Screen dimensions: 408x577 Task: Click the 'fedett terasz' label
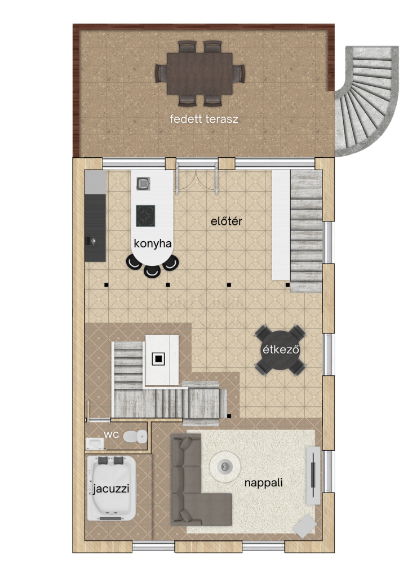click(204, 119)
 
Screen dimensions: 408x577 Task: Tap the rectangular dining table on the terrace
click(199, 74)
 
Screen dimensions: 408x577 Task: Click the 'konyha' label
click(153, 243)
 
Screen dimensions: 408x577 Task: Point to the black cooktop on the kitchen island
click(145, 216)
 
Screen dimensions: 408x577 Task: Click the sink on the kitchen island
click(143, 183)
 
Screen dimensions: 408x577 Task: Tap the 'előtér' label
click(227, 221)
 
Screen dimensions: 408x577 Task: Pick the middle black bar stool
click(152, 271)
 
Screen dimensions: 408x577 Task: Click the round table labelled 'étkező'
click(280, 350)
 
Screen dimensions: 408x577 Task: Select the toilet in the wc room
click(135, 437)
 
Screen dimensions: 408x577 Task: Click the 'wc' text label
click(112, 434)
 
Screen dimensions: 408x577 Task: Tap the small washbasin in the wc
click(95, 443)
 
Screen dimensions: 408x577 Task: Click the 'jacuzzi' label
click(111, 489)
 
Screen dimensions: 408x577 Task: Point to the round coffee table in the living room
click(225, 467)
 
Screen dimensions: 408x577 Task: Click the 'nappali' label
click(263, 482)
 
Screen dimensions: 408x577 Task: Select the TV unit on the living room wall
click(313, 475)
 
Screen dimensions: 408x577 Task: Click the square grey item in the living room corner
click(305, 526)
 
